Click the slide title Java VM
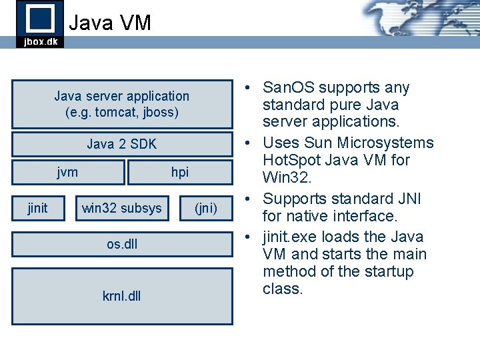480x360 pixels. coord(110,23)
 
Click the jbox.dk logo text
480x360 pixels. coord(40,41)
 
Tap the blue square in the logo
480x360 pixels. coord(40,17)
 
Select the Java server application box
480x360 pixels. coord(122,104)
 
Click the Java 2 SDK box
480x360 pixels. coord(122,144)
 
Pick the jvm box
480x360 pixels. coord(68,172)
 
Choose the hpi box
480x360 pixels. coord(179,172)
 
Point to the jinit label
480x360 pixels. coord(37,208)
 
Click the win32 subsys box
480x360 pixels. coord(121,208)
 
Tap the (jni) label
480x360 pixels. coord(205,208)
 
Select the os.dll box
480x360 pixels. coord(122,244)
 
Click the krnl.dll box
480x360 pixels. coord(122,296)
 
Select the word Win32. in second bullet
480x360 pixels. coord(283,178)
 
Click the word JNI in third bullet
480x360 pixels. coord(409,199)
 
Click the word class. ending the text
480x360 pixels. coord(283,289)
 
